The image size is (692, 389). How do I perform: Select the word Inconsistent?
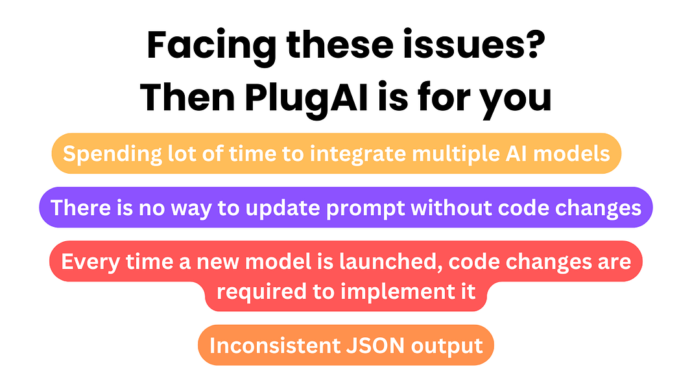coord(272,346)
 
